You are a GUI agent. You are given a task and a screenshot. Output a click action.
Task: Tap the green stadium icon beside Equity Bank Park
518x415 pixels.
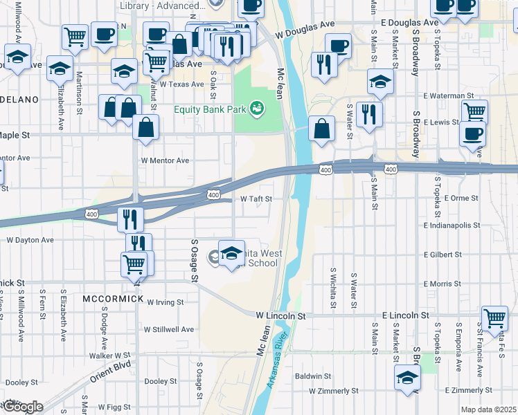[x=257, y=108]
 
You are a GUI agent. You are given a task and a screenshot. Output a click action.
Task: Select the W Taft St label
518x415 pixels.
[x=256, y=199]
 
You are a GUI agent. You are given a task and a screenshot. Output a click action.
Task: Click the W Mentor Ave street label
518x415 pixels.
[x=165, y=160]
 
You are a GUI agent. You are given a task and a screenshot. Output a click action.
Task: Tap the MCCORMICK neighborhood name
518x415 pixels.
[x=113, y=299]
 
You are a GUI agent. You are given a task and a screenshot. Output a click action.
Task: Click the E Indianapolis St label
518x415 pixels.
[x=452, y=225]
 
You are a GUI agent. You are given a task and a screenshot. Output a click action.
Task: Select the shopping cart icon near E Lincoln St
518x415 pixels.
[x=494, y=318]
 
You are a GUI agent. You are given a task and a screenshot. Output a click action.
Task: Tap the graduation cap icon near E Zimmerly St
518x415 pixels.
[x=407, y=377]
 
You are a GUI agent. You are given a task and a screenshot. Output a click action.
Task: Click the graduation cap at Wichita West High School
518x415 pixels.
[x=232, y=252]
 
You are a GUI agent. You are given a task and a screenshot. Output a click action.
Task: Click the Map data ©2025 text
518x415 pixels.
[x=488, y=409]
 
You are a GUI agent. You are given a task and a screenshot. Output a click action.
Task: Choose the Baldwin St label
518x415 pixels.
[x=313, y=376]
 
